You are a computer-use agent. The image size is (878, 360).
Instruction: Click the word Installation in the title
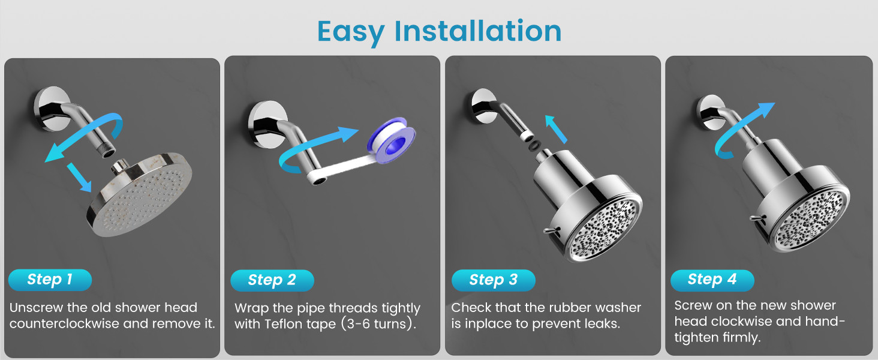point(478,31)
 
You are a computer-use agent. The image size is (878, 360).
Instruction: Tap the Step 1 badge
point(50,280)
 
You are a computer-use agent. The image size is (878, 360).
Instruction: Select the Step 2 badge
point(272,280)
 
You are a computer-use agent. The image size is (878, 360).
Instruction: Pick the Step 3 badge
point(493,280)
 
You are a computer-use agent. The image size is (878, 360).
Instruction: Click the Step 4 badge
point(712,280)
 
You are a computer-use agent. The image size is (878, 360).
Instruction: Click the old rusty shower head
point(140,195)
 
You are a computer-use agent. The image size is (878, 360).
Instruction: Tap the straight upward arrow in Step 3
point(556,129)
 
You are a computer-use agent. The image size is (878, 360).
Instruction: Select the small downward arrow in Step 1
point(79,177)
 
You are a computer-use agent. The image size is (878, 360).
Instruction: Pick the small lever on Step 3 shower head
point(552,231)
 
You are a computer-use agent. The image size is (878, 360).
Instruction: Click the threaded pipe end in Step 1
point(108,151)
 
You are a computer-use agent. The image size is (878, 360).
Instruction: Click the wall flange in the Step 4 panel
point(709,113)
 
